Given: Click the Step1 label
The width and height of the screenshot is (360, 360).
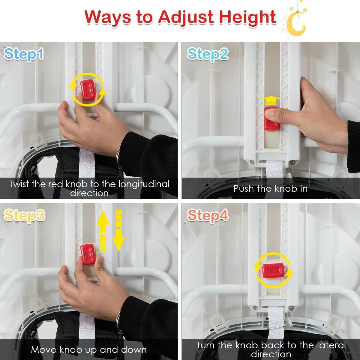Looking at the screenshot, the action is (24, 54).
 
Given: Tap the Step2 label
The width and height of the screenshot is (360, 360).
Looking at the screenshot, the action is (208, 54).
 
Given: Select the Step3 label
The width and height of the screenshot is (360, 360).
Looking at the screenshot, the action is (25, 215).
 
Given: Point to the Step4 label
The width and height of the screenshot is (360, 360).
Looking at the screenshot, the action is (208, 216).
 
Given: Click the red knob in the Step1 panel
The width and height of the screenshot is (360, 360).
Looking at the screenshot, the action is (88, 90).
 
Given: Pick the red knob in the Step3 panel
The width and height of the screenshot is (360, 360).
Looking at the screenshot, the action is (88, 254).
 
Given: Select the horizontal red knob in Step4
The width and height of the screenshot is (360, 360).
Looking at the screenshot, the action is (273, 271).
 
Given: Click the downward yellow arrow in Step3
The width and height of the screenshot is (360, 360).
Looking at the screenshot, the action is (118, 231).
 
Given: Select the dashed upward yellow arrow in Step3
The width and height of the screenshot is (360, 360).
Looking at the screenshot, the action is (103, 231).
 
